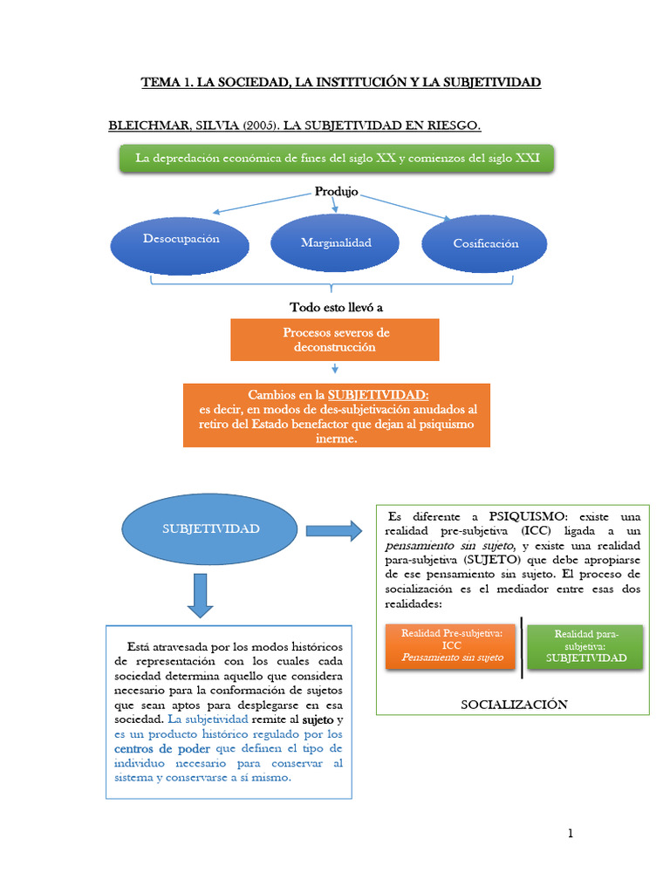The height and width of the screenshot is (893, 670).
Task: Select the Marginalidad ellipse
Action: point(336,242)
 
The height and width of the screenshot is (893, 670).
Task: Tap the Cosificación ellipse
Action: point(485,244)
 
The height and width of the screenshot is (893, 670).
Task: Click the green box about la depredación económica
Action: point(337,158)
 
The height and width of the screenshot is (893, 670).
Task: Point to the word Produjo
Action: point(336,192)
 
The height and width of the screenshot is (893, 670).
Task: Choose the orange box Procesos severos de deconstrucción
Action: point(335,339)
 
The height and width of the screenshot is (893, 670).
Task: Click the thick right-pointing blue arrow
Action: point(332,529)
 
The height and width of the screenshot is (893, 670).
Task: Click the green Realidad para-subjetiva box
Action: point(585,646)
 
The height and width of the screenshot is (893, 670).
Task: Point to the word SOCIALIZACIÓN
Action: point(514,704)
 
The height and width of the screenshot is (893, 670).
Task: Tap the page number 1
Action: point(571,834)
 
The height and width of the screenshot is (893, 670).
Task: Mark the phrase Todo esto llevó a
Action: point(336,308)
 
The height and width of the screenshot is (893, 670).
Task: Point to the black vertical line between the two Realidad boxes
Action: point(522,647)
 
